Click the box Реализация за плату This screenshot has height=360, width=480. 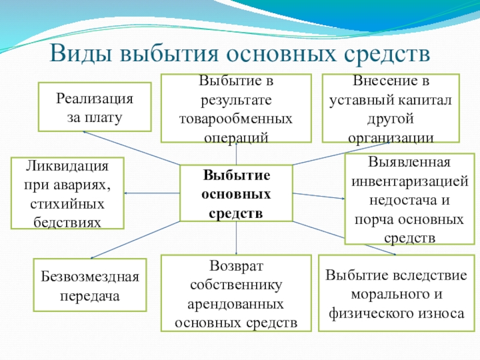click(95, 107)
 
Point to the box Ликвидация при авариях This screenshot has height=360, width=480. click(67, 193)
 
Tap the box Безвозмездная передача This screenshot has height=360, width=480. click(90, 286)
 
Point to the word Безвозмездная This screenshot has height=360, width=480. click(90, 277)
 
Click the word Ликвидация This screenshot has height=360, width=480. click(67, 166)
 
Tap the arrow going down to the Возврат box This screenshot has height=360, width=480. click(236, 240)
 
